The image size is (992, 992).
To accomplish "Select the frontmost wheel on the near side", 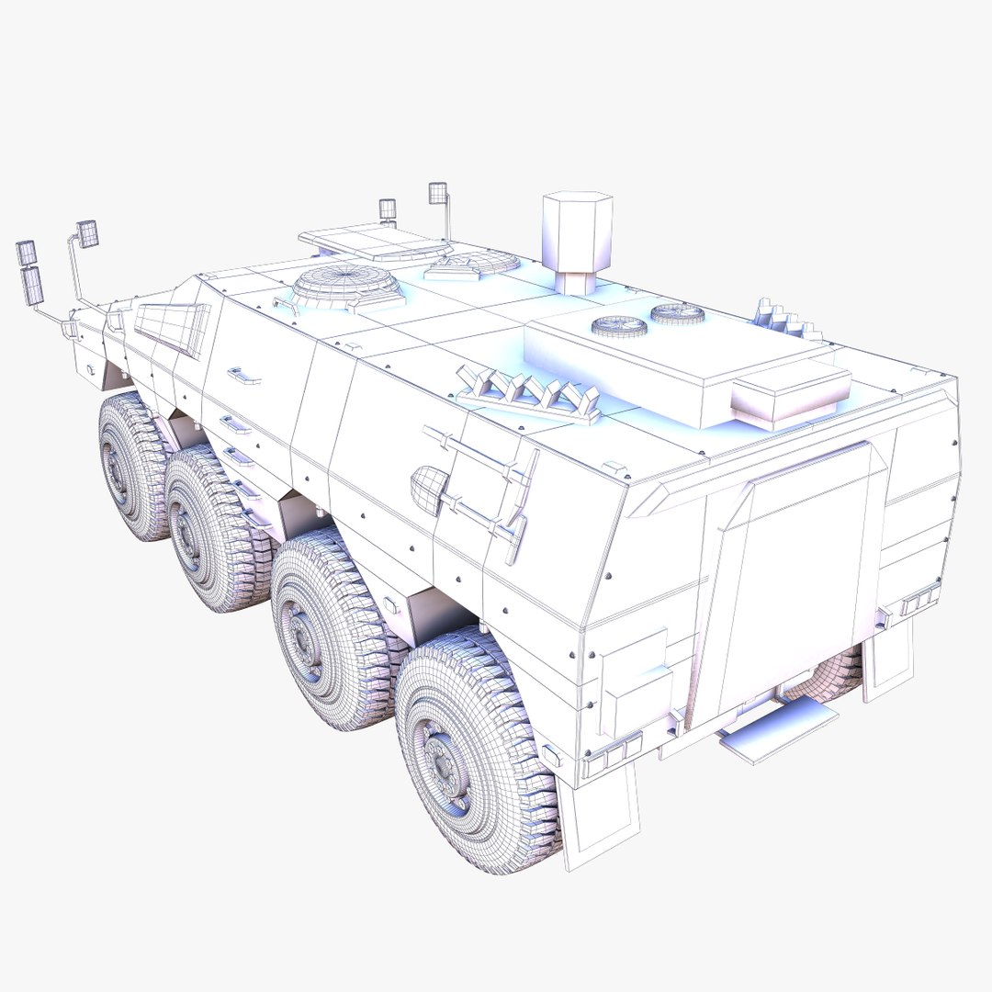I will pyautogui.click(x=131, y=466).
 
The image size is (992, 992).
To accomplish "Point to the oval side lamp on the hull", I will pyautogui.click(x=428, y=489).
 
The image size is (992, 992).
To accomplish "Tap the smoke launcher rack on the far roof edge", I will pyautogui.click(x=786, y=321).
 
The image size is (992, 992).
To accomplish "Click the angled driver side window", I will pyautogui.click(x=172, y=327).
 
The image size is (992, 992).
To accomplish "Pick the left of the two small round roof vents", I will pyautogui.click(x=619, y=325).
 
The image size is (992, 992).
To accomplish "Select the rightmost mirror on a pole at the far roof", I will pyautogui.click(x=438, y=193).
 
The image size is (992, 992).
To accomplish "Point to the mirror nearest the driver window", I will pyautogui.click(x=88, y=233).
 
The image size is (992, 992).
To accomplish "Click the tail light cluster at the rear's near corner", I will pyautogui.click(x=610, y=755).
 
